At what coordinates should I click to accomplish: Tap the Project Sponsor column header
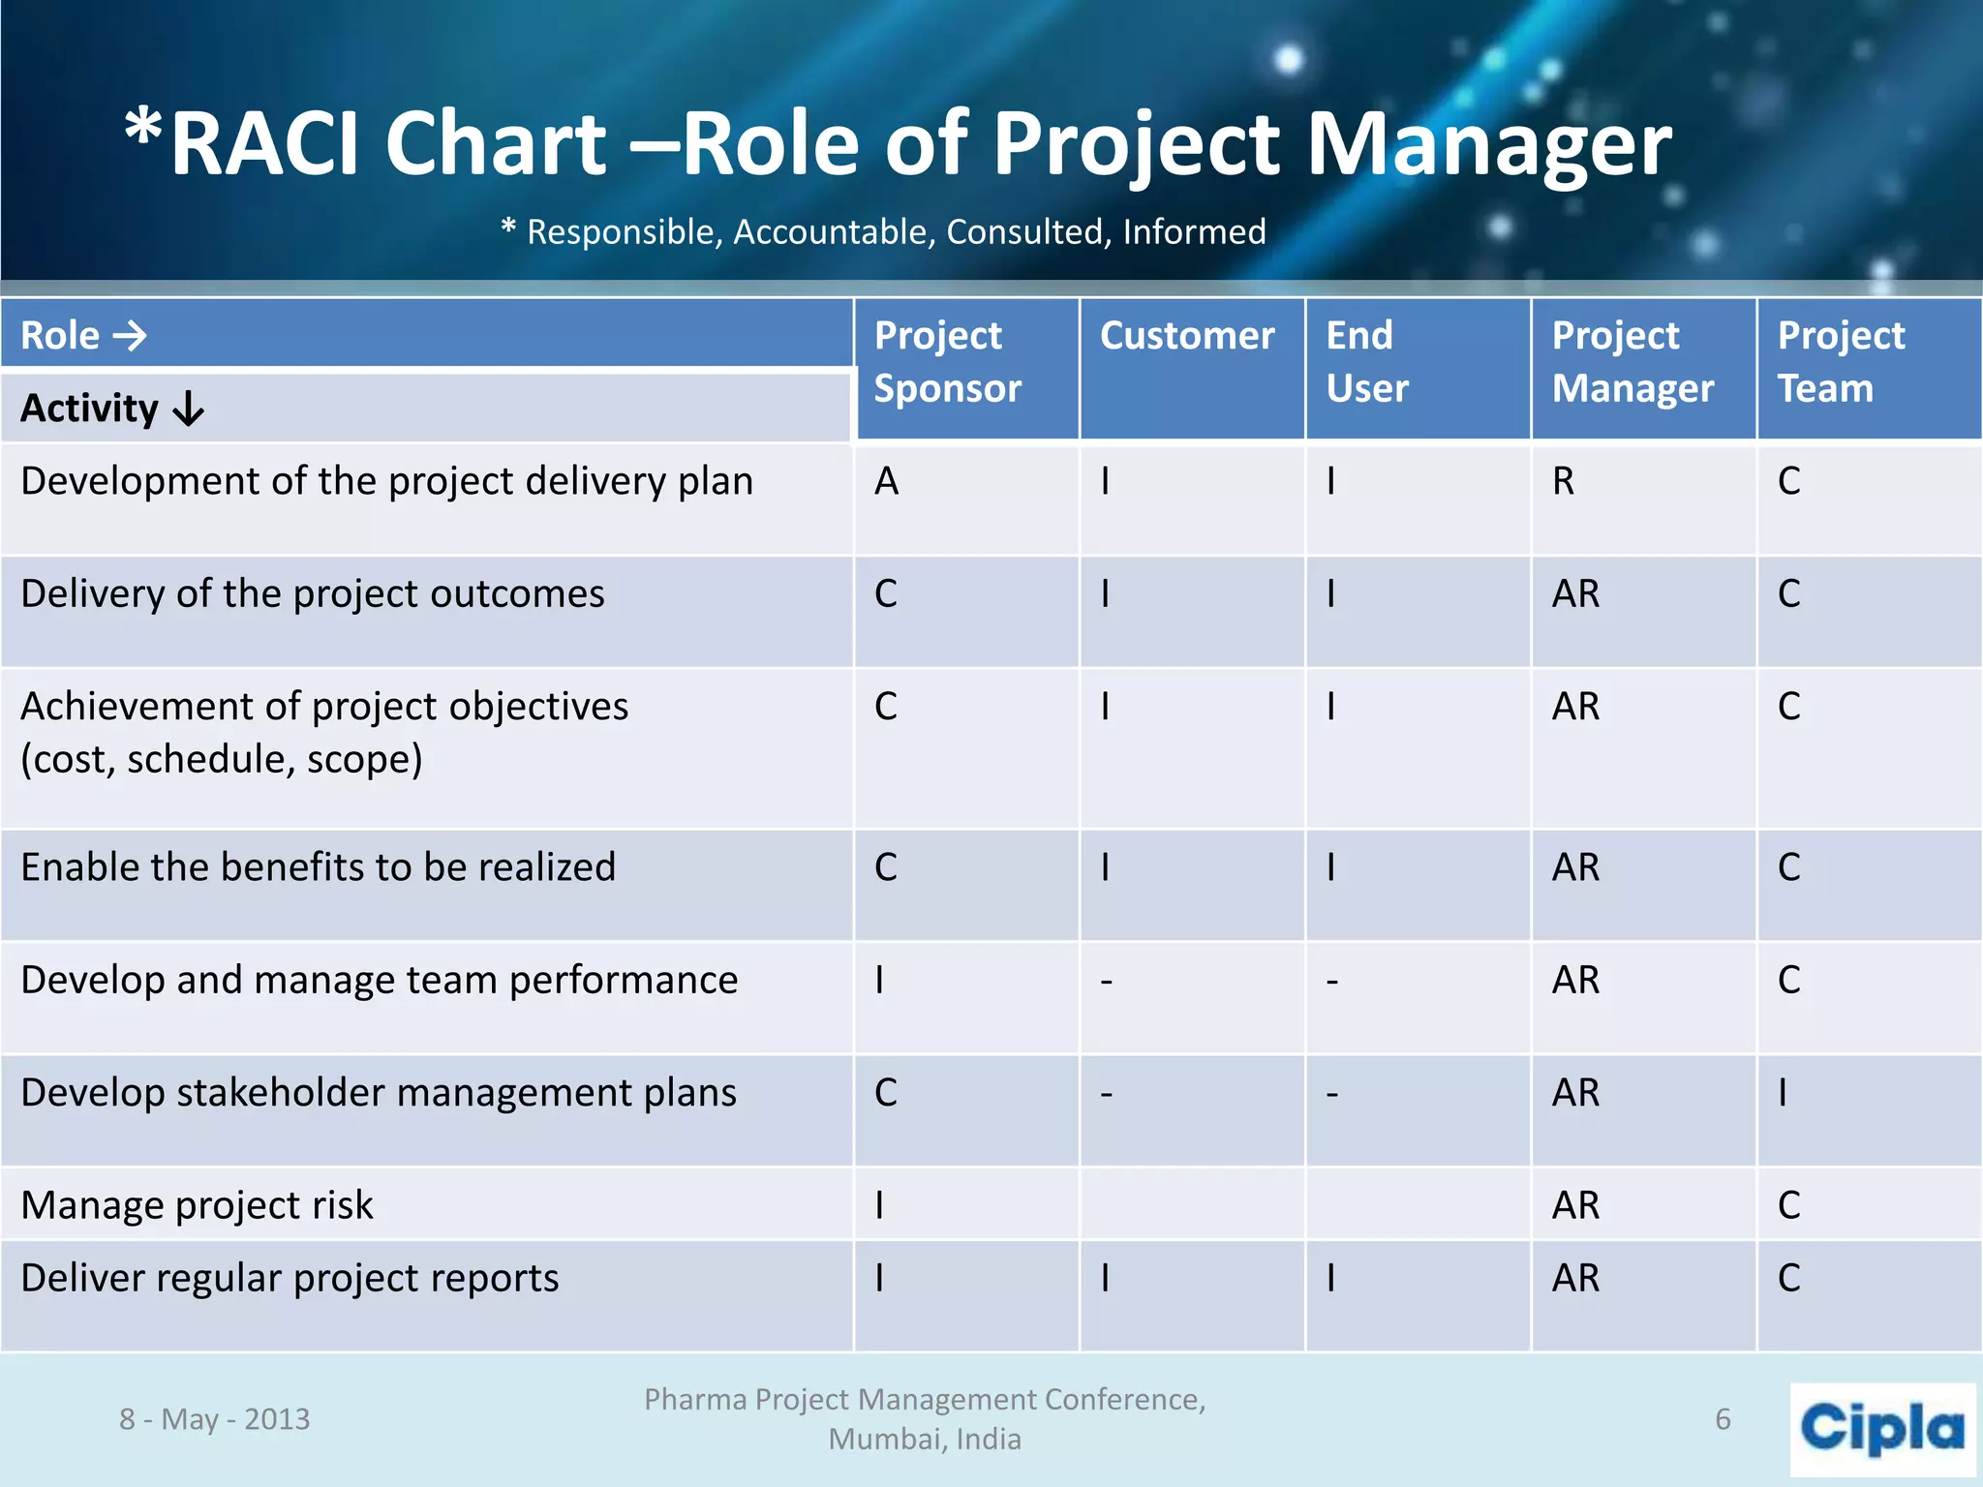click(946, 362)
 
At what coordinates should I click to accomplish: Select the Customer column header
click(1186, 336)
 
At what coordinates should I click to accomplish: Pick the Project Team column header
click(1840, 362)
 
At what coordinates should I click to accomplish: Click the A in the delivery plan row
click(886, 481)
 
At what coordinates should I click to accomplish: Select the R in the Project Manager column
click(1563, 481)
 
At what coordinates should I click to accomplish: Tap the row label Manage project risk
click(197, 1205)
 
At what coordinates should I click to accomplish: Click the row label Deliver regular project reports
click(290, 1278)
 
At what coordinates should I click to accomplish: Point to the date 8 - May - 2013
click(214, 1419)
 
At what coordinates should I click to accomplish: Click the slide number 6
click(1723, 1419)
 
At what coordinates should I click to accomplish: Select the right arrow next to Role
click(130, 336)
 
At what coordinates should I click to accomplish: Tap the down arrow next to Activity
click(188, 409)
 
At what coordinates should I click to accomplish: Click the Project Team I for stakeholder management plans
click(1783, 1093)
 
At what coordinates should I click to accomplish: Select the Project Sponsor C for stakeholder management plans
click(886, 1093)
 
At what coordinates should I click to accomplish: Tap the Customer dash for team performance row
click(1106, 982)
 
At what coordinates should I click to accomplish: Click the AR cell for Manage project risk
click(1575, 1205)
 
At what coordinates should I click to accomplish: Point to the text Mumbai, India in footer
click(924, 1440)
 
